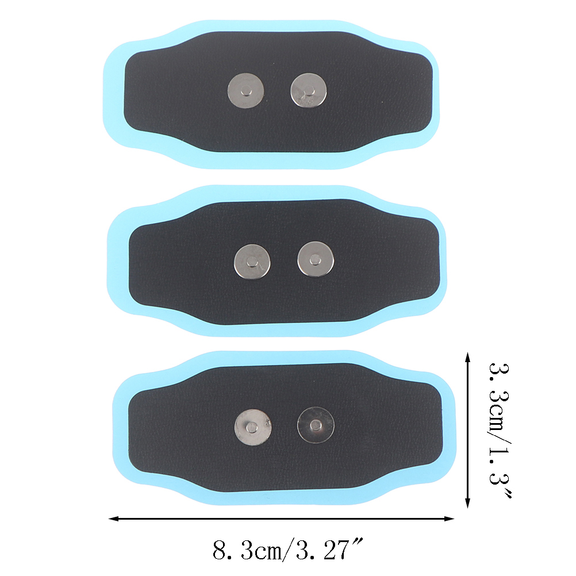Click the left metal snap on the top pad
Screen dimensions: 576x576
pyautogui.click(x=246, y=91)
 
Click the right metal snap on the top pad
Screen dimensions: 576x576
pyautogui.click(x=309, y=91)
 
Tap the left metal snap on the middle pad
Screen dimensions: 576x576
pyautogui.click(x=252, y=262)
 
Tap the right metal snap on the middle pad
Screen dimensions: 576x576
pyautogui.click(x=316, y=260)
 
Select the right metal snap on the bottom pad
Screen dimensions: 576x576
pyautogui.click(x=316, y=425)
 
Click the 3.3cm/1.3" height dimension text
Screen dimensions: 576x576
pyautogui.click(x=500, y=430)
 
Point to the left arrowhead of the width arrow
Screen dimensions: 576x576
pyautogui.click(x=113, y=519)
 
